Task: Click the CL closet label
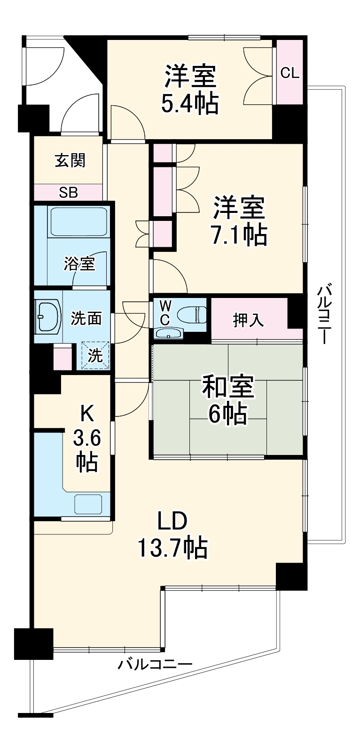point(290,73)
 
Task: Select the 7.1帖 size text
point(239,235)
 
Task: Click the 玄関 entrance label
point(70,161)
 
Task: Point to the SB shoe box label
point(69,192)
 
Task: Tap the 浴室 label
point(80,264)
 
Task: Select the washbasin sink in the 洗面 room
point(48,315)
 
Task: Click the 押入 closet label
point(249,321)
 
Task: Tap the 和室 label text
point(228,386)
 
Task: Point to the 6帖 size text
point(228,414)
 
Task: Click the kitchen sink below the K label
point(88,504)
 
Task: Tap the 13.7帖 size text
point(172,548)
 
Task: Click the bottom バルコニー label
point(155,665)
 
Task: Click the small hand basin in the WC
point(170,333)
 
